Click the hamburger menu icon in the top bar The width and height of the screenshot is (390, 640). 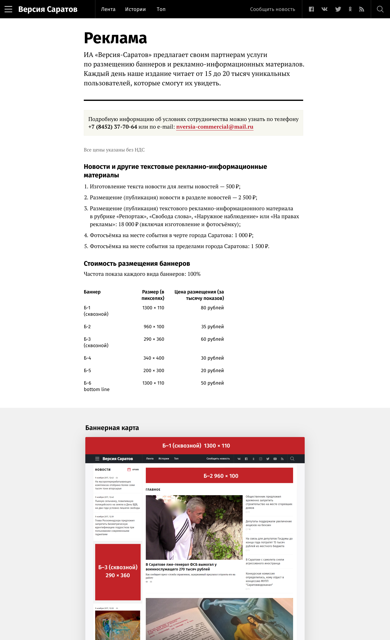point(8,9)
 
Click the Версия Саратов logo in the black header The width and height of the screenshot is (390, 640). point(48,9)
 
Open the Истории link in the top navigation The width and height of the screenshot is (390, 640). point(135,9)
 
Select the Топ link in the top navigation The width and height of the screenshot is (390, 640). point(161,9)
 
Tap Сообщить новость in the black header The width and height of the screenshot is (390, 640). point(272,9)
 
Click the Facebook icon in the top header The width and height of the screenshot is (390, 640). point(311,9)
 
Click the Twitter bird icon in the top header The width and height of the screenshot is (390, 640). point(338,9)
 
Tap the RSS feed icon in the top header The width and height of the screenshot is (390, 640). point(362,9)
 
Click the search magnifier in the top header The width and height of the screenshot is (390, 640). point(380,9)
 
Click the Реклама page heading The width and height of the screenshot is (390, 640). point(115,38)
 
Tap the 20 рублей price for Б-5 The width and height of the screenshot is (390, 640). point(212,371)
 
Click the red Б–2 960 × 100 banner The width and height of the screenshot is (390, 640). point(219,476)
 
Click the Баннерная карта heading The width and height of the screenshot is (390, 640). point(112,428)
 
